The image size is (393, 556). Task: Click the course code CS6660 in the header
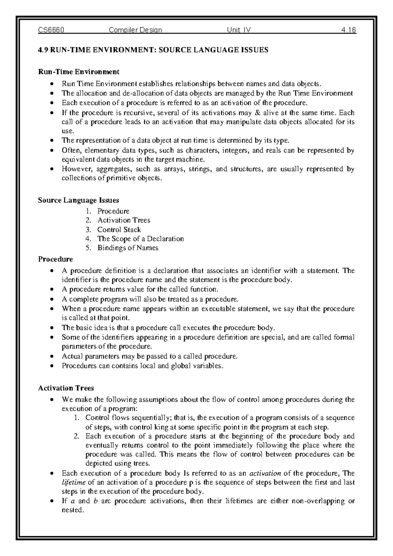[x=51, y=30]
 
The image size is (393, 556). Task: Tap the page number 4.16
[x=348, y=30]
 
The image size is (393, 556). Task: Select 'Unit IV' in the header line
[x=239, y=30]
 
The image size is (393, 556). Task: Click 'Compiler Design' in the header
[x=135, y=30]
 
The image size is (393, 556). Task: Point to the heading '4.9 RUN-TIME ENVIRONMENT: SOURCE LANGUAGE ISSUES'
[x=153, y=50]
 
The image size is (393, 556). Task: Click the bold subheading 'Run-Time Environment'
[x=79, y=71]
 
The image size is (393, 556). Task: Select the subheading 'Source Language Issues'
[x=78, y=200]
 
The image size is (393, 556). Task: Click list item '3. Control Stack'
[x=119, y=229]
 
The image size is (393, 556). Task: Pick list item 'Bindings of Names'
[x=128, y=248]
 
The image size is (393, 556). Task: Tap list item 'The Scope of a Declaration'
[x=140, y=239]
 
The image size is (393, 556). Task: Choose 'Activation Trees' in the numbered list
[x=124, y=220]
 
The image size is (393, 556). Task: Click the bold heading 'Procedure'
[x=55, y=259]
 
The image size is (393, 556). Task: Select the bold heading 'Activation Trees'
[x=66, y=388]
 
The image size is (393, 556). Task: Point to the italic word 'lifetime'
[x=73, y=483]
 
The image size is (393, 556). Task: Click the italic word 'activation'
[x=265, y=473]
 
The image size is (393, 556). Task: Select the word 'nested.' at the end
[x=73, y=510]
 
